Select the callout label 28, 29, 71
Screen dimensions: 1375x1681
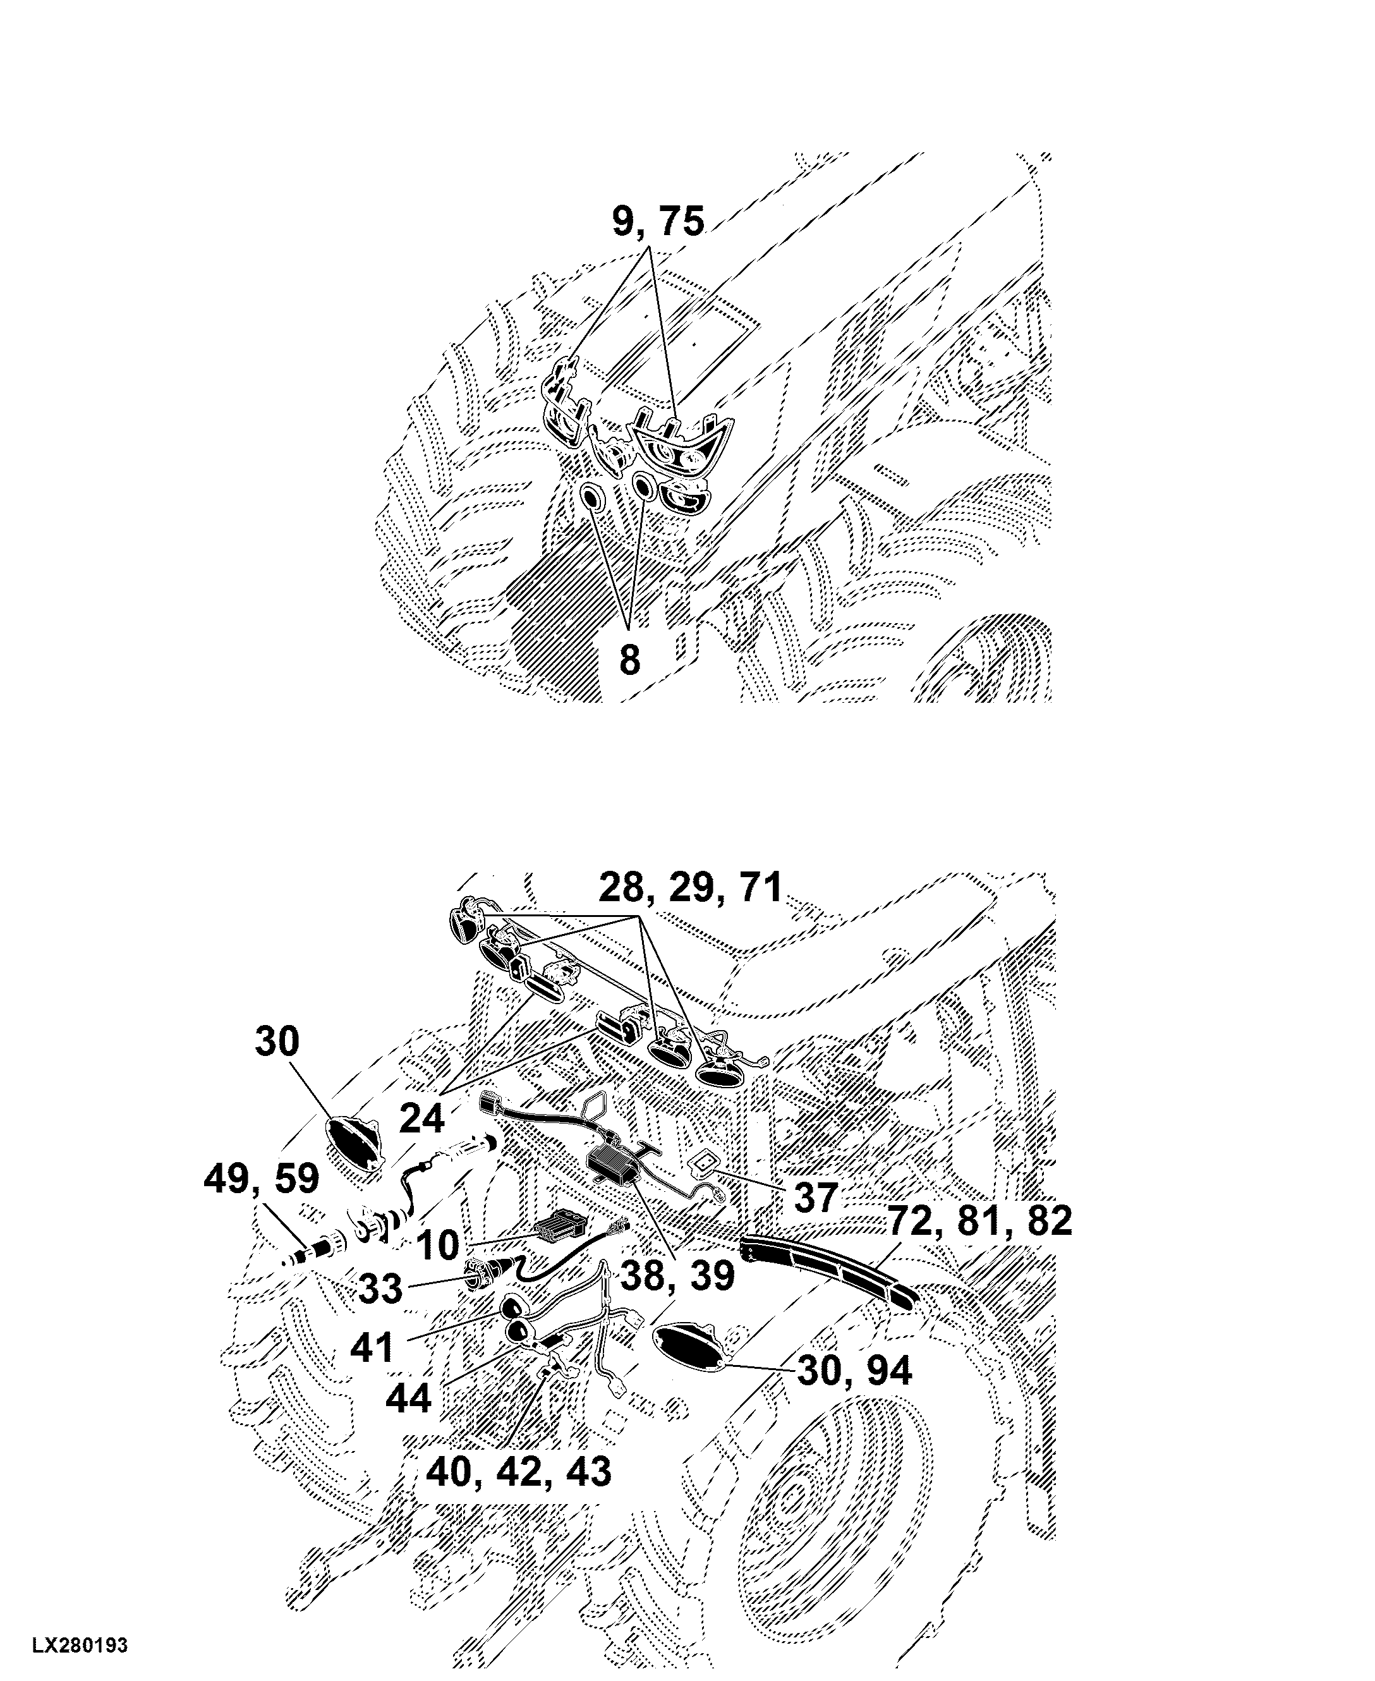(691, 889)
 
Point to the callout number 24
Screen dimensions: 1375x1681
(421, 1119)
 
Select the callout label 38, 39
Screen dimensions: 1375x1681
(677, 1277)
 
